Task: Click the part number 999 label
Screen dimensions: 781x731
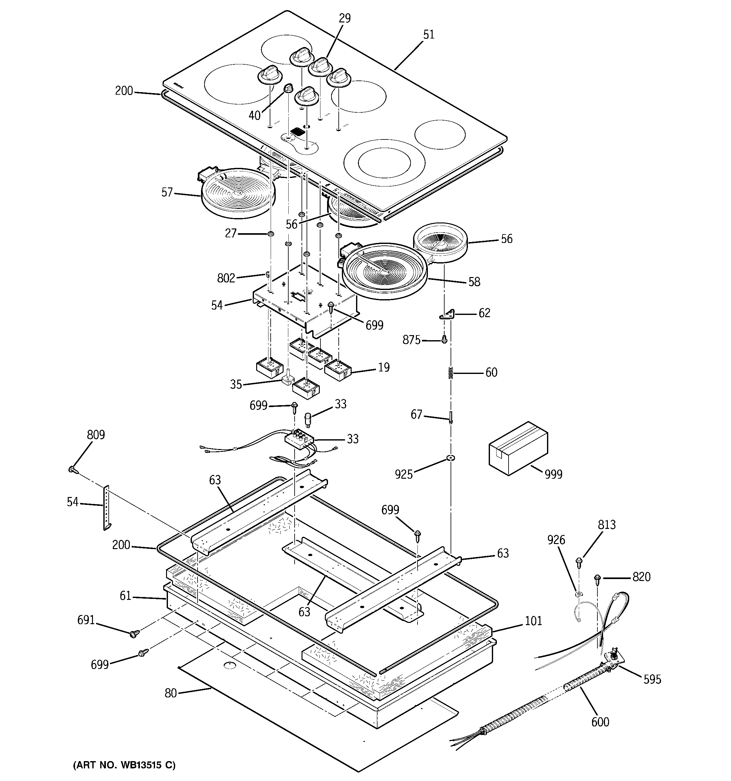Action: click(553, 474)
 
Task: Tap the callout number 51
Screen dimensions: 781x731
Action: click(429, 35)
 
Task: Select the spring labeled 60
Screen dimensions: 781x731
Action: click(451, 372)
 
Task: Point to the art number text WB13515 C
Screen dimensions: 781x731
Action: click(124, 765)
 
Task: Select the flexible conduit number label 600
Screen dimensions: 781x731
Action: click(600, 722)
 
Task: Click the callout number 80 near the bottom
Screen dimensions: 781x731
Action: click(171, 693)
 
